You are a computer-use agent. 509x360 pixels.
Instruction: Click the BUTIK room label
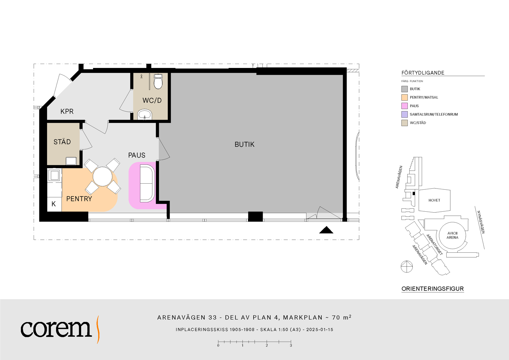click(x=245, y=144)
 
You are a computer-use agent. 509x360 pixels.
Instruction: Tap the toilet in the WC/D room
click(x=158, y=81)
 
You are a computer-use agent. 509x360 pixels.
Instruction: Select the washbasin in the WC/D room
click(x=145, y=114)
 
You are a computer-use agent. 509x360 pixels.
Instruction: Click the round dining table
click(x=102, y=177)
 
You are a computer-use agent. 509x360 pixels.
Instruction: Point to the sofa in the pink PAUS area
click(x=147, y=184)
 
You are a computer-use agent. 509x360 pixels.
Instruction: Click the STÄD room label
click(x=62, y=142)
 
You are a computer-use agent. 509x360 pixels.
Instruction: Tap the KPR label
click(x=67, y=111)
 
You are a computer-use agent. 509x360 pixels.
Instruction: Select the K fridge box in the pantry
click(x=54, y=204)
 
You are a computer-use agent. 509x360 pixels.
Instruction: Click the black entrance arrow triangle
click(x=326, y=230)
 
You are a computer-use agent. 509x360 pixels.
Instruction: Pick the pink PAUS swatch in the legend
click(x=404, y=106)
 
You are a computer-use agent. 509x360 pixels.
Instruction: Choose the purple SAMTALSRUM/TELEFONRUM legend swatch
click(x=404, y=114)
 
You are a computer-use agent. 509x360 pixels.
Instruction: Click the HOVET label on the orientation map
click(x=434, y=200)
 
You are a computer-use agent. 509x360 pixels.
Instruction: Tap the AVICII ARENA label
click(x=452, y=235)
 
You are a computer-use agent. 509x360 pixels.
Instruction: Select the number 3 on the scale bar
click(x=291, y=345)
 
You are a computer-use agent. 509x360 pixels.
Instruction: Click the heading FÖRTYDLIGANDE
click(x=423, y=73)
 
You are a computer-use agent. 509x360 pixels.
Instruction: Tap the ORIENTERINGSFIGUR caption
click(x=432, y=289)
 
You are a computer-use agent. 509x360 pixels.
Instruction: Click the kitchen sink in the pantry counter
click(x=54, y=175)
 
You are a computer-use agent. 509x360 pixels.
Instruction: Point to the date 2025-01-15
click(x=320, y=330)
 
